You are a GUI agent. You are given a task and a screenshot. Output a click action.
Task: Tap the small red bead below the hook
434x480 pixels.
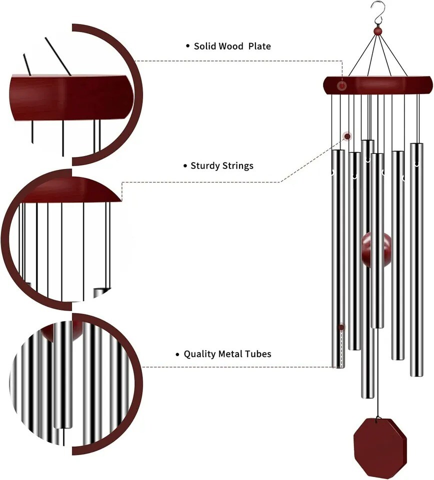pyautogui.click(x=378, y=31)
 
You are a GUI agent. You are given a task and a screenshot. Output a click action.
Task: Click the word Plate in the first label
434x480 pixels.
pyautogui.click(x=259, y=46)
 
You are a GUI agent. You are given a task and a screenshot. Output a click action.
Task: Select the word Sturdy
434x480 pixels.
pyautogui.click(x=205, y=165)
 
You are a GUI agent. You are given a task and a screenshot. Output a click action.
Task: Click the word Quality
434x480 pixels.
pyautogui.click(x=200, y=354)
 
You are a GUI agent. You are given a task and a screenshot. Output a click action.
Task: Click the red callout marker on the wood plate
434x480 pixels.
pyautogui.click(x=342, y=86)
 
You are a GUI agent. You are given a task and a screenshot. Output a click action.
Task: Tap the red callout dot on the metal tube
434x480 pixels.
pyautogui.click(x=342, y=327)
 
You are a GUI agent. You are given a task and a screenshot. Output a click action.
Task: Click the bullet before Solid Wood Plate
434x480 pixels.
pyautogui.click(x=188, y=46)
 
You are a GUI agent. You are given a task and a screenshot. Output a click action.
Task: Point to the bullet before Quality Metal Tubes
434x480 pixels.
pyautogui.click(x=177, y=354)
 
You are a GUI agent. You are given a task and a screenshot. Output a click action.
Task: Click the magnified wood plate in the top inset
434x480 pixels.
pyautogui.click(x=70, y=97)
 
